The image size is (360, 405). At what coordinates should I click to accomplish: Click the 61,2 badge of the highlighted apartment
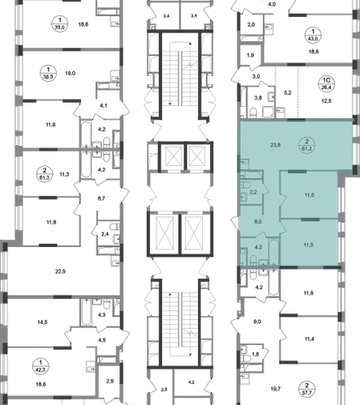point(306,145)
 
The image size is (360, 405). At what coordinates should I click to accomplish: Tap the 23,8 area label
point(276,145)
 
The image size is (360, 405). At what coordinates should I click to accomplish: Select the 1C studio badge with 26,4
point(327,84)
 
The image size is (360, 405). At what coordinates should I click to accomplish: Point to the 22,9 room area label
point(61,271)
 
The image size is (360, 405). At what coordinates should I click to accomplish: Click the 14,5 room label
point(42,322)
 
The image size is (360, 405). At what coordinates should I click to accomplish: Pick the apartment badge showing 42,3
point(41,366)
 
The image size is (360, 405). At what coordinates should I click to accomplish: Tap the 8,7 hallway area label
point(101,198)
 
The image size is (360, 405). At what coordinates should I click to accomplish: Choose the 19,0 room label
point(70,73)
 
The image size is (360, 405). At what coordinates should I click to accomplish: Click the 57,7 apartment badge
point(306,389)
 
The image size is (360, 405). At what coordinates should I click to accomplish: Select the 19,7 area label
point(276,389)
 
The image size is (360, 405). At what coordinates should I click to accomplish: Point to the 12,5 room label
point(326,101)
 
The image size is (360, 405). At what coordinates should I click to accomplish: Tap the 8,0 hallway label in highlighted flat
point(258,222)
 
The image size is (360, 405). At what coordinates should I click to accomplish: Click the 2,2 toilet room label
point(253,192)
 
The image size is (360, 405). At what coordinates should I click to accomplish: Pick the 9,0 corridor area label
point(257,322)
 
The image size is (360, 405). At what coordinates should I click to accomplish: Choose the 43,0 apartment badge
point(313,36)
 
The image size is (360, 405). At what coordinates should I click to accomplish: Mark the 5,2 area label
point(288,93)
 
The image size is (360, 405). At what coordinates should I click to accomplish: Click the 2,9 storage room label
point(109,382)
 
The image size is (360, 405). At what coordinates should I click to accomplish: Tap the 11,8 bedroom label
point(51,222)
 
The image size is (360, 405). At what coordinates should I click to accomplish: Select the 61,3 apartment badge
point(45,174)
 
